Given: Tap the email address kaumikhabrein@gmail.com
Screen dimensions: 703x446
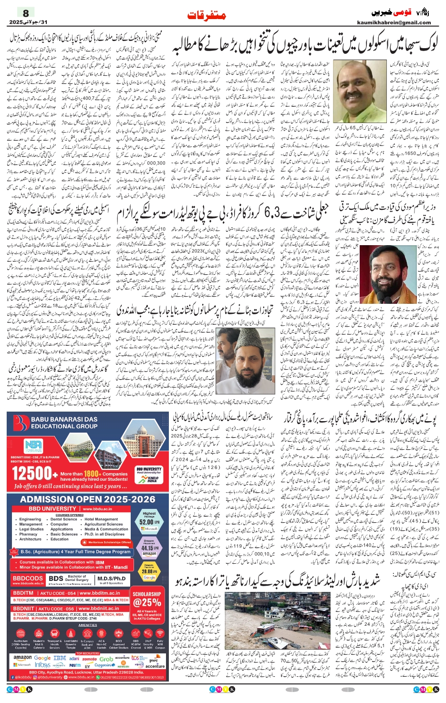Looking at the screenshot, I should pos(394,22).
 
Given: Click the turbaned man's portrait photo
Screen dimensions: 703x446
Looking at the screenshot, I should pos(387,273).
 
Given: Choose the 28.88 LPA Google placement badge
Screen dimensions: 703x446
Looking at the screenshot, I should pos(149,570).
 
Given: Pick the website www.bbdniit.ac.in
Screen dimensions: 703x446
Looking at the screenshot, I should pos(99,609).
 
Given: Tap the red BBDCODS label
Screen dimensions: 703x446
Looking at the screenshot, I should pos(28,579).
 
